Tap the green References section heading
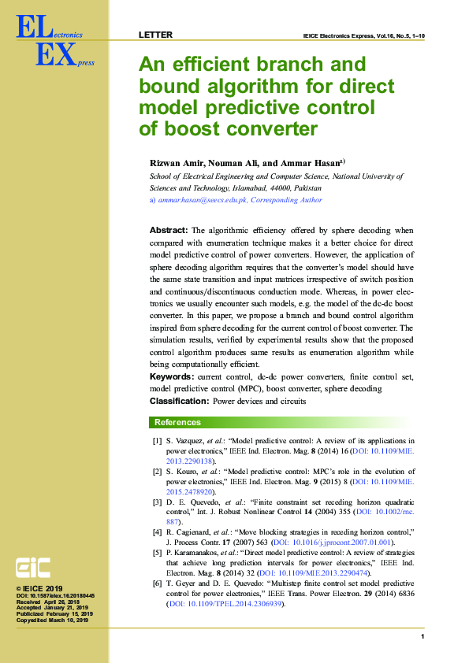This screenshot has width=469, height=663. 177,423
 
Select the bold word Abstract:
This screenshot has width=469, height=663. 169,230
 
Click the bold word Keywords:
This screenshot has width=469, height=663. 172,378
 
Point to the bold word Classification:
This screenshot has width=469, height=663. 180,402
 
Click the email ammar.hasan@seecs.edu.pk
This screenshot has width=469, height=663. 202,200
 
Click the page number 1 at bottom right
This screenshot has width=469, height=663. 423,636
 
